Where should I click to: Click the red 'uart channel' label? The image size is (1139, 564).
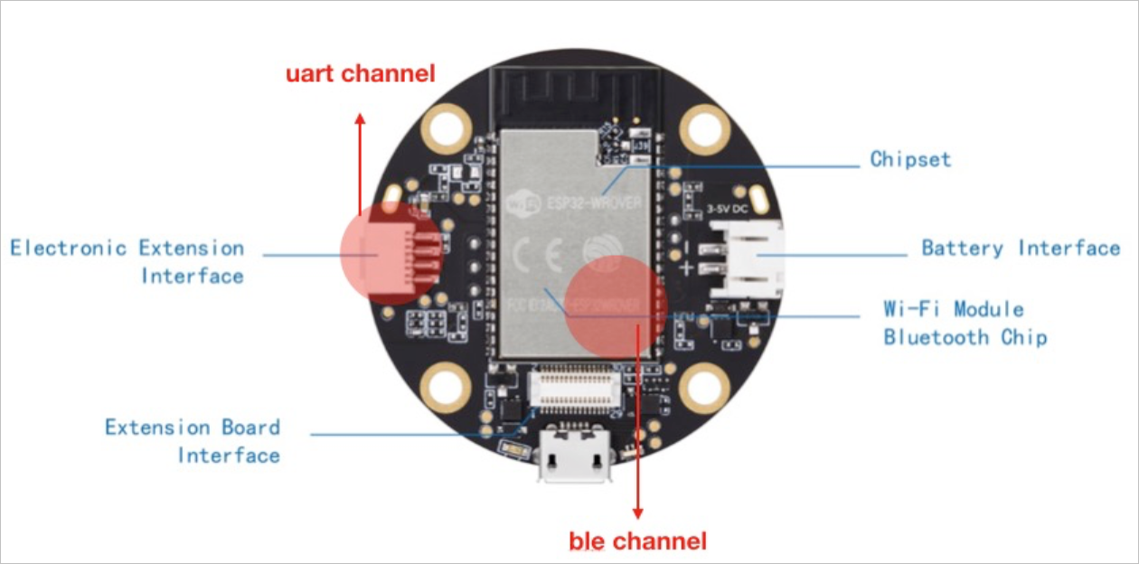click(361, 73)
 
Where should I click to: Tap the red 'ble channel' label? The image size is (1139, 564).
click(637, 541)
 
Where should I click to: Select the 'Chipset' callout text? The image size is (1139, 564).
click(910, 160)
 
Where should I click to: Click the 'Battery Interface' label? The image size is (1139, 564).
click(1021, 248)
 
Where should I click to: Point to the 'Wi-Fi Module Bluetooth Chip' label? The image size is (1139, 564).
click(964, 324)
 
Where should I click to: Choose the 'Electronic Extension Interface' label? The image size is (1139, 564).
click(127, 261)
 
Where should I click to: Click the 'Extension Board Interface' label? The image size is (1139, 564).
click(193, 440)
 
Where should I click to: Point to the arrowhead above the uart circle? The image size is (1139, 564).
click(360, 119)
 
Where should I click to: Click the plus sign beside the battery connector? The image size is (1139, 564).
click(687, 268)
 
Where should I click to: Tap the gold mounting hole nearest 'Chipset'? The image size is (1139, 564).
click(704, 129)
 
